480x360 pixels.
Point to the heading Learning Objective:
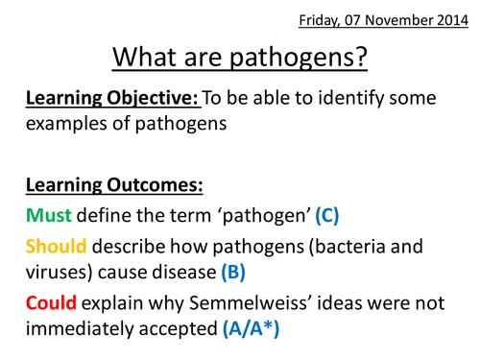coord(97,100)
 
